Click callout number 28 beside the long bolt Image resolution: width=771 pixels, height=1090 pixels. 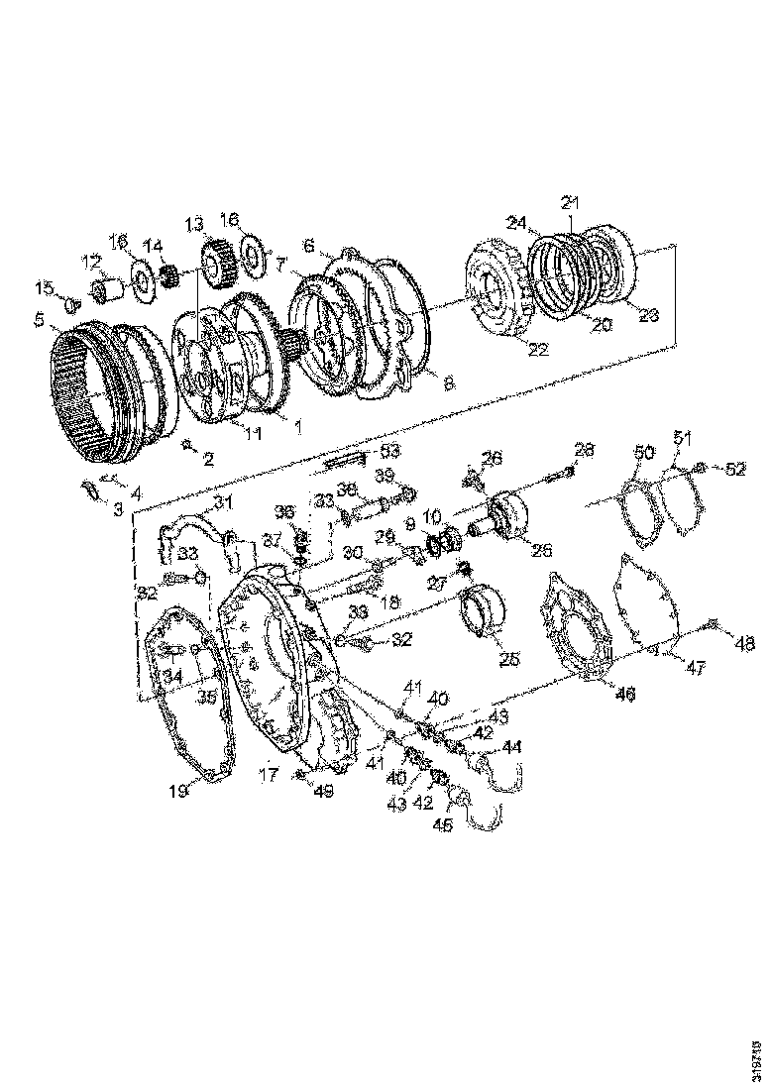584,452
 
